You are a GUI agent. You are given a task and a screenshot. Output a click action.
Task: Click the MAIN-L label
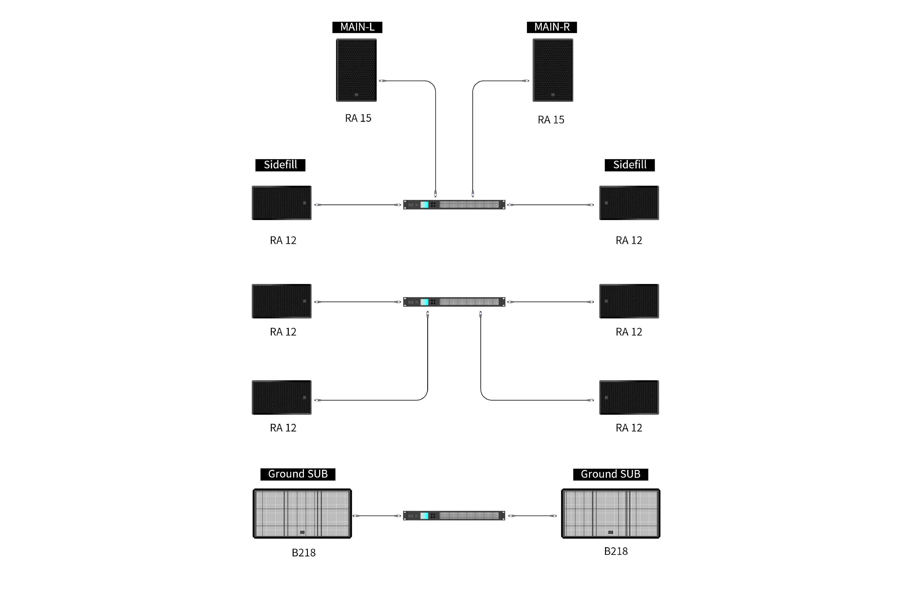357,27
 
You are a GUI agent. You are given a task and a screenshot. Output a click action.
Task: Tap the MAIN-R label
551,27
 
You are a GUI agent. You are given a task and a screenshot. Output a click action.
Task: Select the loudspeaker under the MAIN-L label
357,70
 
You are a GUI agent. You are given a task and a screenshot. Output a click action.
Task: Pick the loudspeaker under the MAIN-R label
552,70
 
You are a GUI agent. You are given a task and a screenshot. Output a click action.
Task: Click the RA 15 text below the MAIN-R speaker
551,119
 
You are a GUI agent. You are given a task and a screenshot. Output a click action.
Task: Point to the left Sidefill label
280,165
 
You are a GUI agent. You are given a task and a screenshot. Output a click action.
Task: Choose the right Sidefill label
630,165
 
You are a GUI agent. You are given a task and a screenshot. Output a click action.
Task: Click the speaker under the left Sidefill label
281,202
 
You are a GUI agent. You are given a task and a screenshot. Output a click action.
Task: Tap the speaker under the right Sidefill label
629,202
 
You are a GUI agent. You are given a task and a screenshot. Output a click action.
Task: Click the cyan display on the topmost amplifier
425,205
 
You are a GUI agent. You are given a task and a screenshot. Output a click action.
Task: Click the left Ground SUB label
298,474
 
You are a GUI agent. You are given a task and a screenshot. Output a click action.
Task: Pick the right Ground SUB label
610,474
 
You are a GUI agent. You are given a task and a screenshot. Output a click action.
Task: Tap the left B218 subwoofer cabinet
302,514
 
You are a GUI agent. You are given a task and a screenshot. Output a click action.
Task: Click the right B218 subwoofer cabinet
611,514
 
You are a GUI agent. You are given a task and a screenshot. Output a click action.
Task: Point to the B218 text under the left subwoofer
304,553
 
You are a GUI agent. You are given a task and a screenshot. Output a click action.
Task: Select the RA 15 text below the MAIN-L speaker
358,118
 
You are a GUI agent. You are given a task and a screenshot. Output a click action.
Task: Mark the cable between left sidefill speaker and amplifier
358,205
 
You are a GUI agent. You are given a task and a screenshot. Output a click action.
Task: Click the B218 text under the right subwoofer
616,551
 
